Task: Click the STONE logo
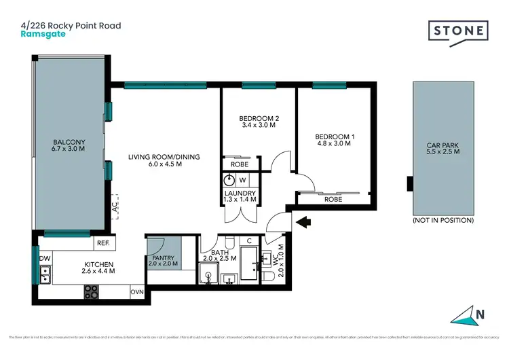coord(457,32)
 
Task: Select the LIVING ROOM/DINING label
coord(164,157)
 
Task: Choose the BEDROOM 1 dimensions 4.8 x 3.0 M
coord(333,143)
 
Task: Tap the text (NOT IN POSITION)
coord(442,221)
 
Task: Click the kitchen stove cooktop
coord(90,292)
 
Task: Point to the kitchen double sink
coord(46,274)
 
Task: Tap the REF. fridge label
coord(103,242)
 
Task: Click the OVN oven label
coord(136,292)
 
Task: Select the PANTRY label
coord(163,258)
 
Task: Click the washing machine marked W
coord(242,180)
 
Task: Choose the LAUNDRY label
coord(240,194)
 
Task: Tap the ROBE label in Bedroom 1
coord(333,200)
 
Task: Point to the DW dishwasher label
coord(45,258)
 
